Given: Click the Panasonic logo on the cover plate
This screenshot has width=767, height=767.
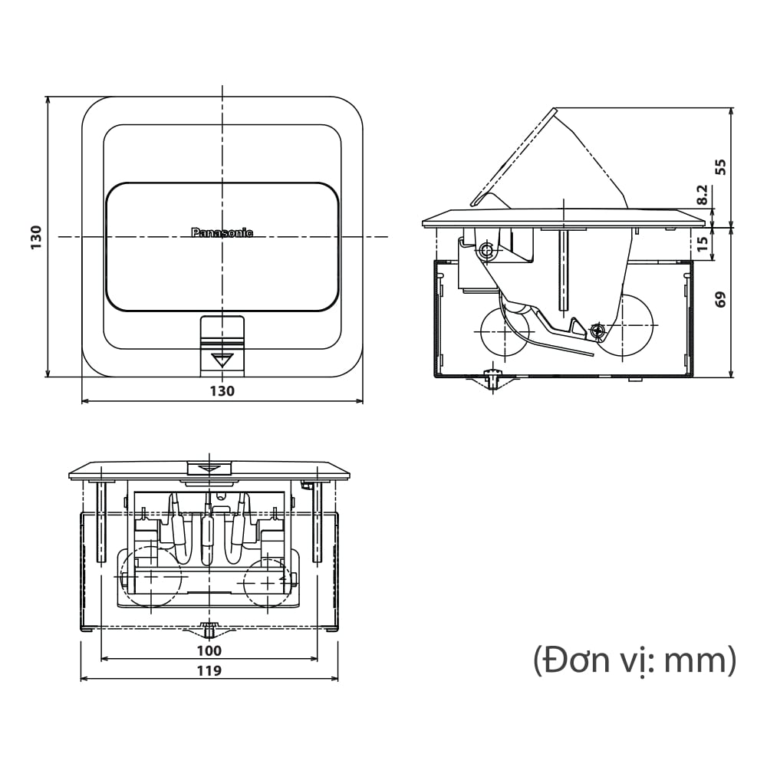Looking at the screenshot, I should (x=222, y=232).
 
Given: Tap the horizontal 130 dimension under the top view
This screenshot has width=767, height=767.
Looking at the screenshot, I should (x=222, y=391).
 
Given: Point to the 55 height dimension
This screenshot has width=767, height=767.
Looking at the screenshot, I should (x=720, y=166).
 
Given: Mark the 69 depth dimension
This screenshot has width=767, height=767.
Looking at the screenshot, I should (x=720, y=298).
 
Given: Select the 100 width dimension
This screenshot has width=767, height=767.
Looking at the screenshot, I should (x=209, y=651).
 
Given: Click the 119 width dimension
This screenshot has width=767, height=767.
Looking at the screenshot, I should (x=209, y=671).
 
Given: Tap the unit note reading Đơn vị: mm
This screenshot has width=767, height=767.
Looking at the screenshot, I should (x=634, y=660).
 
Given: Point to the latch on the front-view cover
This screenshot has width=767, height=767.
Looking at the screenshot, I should (x=210, y=469).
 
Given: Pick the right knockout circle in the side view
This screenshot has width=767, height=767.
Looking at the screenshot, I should (x=625, y=330).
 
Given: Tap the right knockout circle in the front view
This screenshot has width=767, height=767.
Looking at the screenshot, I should (x=266, y=581).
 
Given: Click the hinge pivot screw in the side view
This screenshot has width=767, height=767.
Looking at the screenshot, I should (x=486, y=250).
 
